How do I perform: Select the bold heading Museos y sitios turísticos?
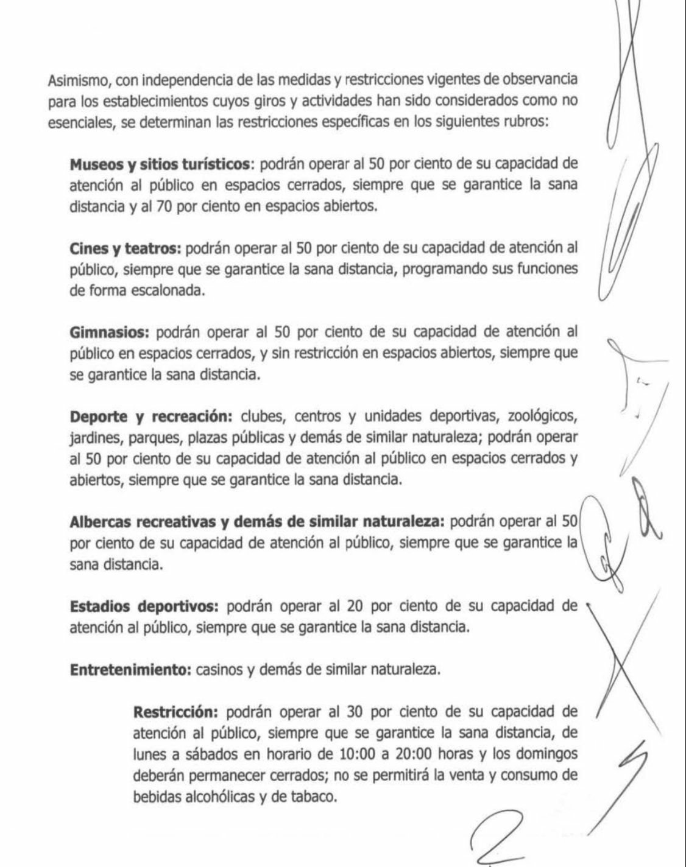point(160,164)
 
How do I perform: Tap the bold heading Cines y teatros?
point(126,248)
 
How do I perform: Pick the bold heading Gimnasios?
point(110,332)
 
